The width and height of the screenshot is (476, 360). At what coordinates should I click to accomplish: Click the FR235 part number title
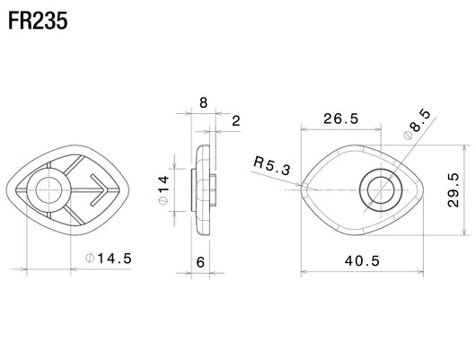point(38,21)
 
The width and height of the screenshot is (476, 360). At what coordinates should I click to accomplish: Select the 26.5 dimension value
point(341,119)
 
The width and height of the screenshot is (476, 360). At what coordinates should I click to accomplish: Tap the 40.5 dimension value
point(362,260)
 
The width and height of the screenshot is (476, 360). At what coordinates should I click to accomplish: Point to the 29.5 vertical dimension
point(454,190)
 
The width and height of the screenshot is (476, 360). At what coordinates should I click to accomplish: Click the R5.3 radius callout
point(272,166)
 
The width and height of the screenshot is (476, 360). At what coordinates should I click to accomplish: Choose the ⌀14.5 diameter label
point(109,259)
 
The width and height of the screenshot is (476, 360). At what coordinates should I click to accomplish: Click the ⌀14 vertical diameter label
point(163,190)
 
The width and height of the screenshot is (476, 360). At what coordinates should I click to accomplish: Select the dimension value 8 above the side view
point(203,103)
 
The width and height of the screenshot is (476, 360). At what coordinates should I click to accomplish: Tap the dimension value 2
point(236,121)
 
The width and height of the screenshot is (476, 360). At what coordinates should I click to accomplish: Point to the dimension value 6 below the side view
point(200,262)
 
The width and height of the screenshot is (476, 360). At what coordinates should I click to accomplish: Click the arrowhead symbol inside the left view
point(99,190)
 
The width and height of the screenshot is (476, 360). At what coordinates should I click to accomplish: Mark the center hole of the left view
point(48,190)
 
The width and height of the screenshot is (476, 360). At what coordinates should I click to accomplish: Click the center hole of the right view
point(381,190)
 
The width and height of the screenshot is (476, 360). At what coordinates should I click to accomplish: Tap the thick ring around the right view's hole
point(364,190)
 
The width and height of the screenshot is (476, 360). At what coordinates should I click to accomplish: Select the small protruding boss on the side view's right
point(213,190)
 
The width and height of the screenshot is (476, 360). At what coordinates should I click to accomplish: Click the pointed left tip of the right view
point(302,188)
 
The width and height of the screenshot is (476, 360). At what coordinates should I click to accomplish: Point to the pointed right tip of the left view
point(128,190)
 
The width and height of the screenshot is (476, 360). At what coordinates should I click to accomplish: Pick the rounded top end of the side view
point(203,147)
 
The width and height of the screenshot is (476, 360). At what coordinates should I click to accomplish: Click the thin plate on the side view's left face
point(192,190)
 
